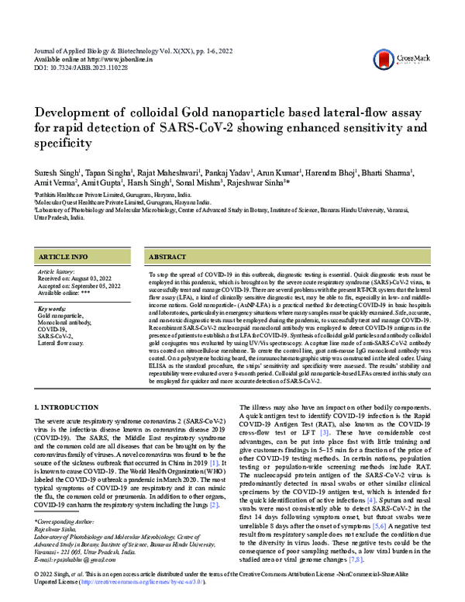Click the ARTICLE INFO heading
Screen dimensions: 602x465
[x=64, y=256]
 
